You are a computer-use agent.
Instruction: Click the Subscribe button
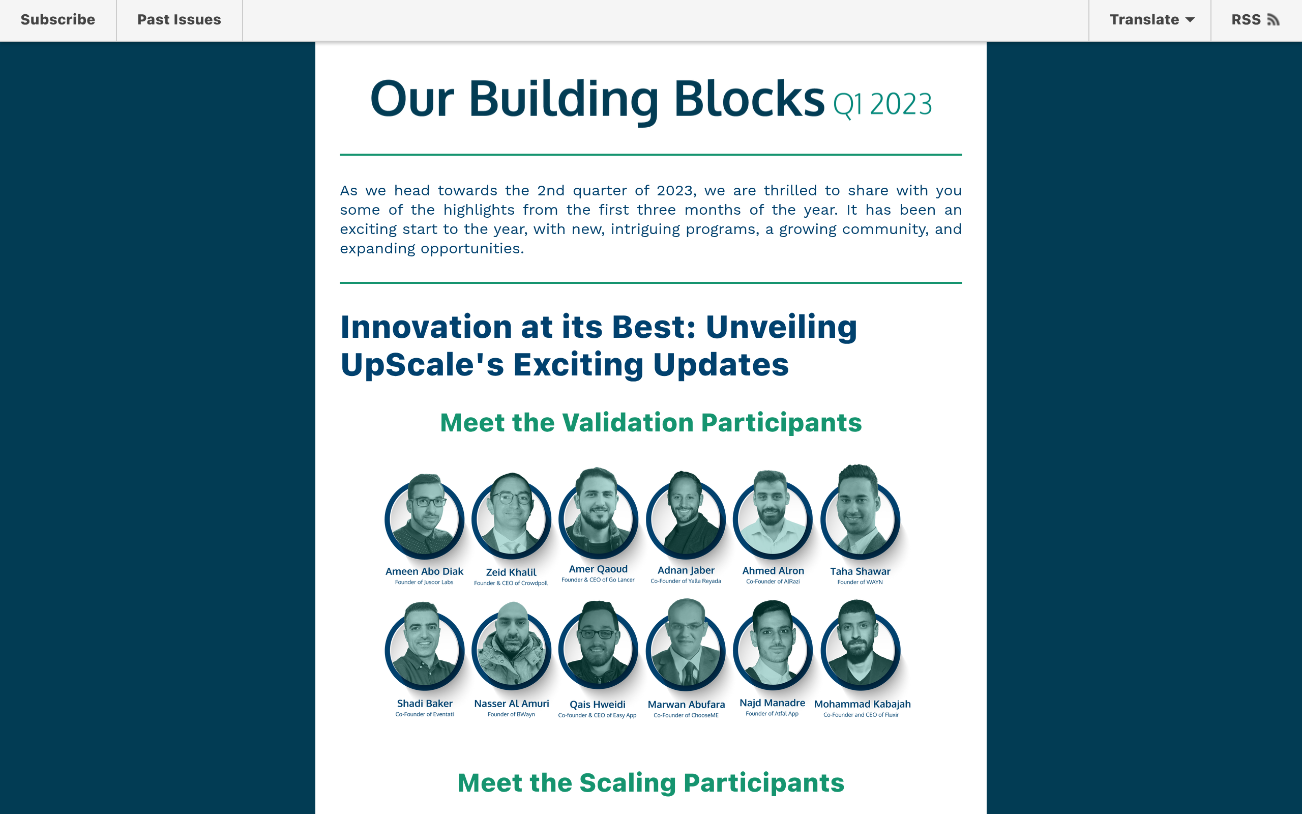[x=57, y=20]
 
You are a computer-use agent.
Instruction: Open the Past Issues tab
[x=179, y=20]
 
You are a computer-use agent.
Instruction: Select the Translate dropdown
[x=1151, y=20]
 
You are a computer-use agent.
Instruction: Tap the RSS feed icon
[x=1273, y=20]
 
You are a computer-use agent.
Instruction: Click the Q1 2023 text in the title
[x=882, y=104]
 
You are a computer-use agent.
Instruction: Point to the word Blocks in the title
[x=749, y=99]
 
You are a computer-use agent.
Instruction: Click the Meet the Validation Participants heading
[x=650, y=423]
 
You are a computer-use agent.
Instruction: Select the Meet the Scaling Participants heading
[x=650, y=783]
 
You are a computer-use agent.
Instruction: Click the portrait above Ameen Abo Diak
[x=425, y=517]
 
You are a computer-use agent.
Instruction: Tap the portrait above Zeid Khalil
[x=511, y=517]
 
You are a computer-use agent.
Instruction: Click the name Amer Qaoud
[x=598, y=569]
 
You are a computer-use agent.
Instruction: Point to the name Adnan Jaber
[x=686, y=570]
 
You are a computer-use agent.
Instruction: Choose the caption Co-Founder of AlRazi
[x=773, y=582]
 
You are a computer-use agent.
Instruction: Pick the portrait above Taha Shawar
[x=860, y=514]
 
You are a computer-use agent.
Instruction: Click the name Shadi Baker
[x=425, y=704]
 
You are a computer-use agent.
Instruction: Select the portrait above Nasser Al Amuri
[x=511, y=649]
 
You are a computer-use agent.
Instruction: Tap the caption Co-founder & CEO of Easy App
[x=597, y=715]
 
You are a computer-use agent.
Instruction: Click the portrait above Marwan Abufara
[x=686, y=649]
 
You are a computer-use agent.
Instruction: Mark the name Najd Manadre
[x=772, y=703]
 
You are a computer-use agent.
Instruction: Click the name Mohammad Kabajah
[x=862, y=704]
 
